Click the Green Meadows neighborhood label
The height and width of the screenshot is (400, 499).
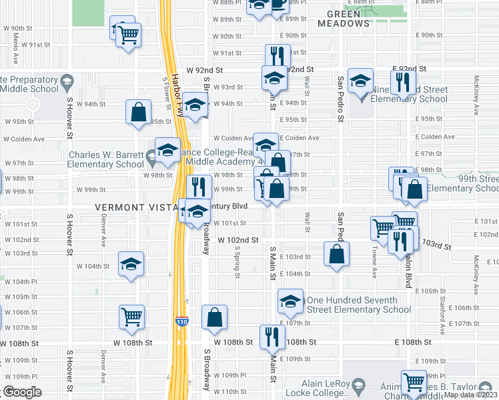pos(348,18)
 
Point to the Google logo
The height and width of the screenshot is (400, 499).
pos(22,392)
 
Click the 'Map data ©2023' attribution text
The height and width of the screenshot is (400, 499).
pos(470,395)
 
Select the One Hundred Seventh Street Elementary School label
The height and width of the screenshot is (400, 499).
pos(358,305)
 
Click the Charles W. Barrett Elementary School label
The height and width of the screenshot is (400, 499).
pos(110,159)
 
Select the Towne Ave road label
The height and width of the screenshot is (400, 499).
pos(374,264)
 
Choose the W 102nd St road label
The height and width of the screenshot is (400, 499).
pos(237,240)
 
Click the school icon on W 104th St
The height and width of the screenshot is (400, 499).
pos(131,264)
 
